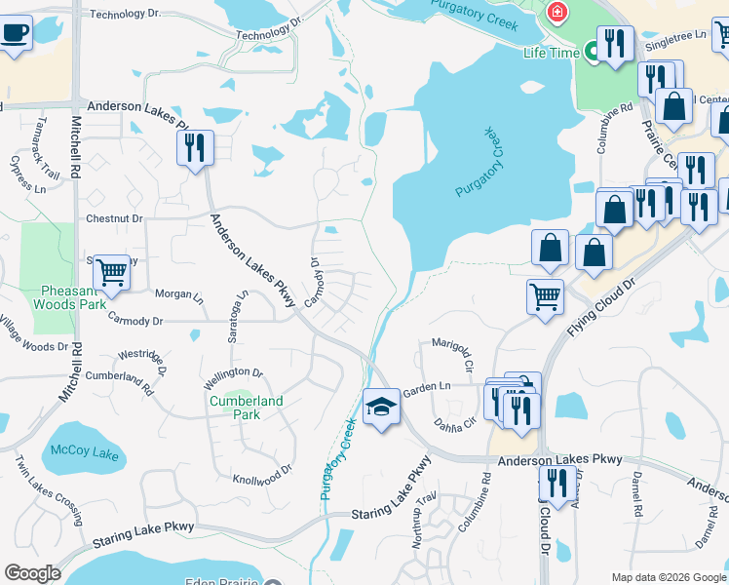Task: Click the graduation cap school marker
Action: click(381, 408)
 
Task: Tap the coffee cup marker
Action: click(15, 33)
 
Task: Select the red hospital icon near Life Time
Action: click(556, 14)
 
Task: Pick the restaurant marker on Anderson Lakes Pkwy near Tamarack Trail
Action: click(195, 148)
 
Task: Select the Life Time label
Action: click(548, 52)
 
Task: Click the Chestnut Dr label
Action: click(114, 219)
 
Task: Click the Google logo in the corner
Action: click(32, 573)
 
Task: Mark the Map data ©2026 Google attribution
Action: click(668, 577)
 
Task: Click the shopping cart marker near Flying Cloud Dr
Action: click(545, 295)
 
